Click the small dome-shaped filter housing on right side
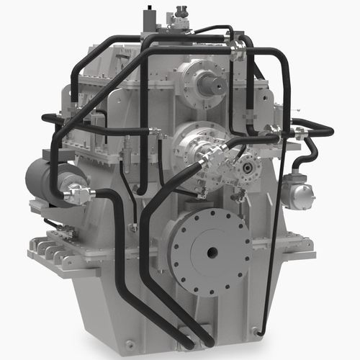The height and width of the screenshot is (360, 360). (x=297, y=193)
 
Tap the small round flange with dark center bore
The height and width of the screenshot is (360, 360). (x=247, y=167)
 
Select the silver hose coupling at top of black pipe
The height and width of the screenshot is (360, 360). (x=236, y=47)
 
